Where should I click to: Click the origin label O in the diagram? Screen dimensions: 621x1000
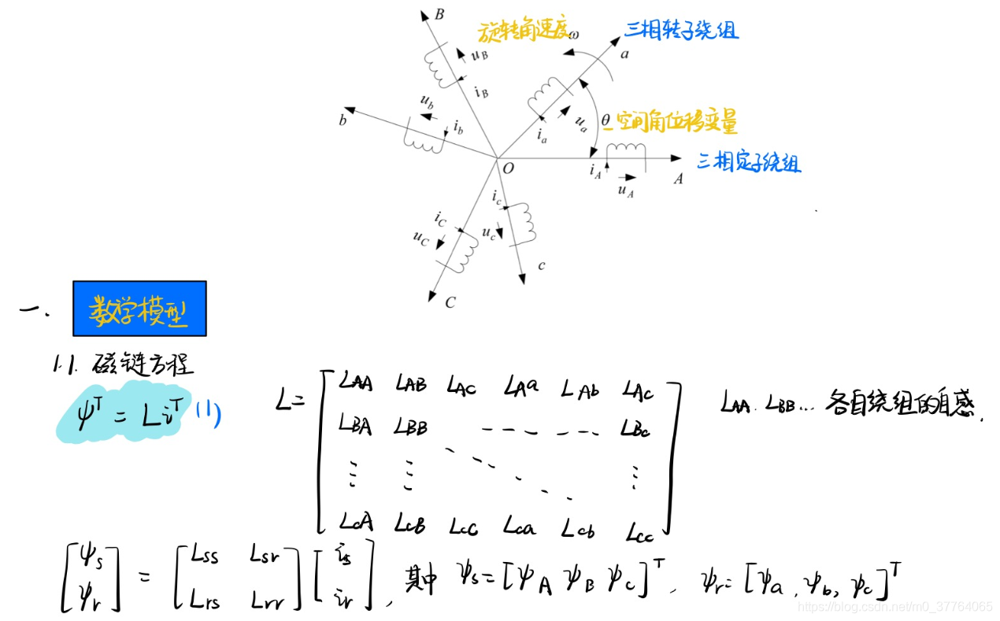(508, 168)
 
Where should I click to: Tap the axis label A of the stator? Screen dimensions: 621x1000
(677, 179)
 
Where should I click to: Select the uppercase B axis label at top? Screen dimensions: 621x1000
(439, 13)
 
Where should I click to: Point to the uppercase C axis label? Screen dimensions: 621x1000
(450, 303)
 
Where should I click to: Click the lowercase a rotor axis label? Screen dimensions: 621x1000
(625, 54)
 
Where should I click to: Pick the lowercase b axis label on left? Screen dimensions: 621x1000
(343, 120)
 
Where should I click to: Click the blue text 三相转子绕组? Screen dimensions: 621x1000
(682, 31)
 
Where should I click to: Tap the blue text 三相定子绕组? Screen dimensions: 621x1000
(749, 163)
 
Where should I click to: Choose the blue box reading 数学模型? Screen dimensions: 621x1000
(139, 309)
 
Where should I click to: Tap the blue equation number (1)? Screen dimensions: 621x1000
(209, 413)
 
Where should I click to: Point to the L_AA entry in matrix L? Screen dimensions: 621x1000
(356, 384)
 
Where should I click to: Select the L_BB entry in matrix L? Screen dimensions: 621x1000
(412, 427)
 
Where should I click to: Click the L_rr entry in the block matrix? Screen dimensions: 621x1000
(269, 601)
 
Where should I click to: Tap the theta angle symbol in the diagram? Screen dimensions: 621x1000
(605, 120)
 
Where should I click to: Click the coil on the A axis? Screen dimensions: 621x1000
(625, 150)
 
